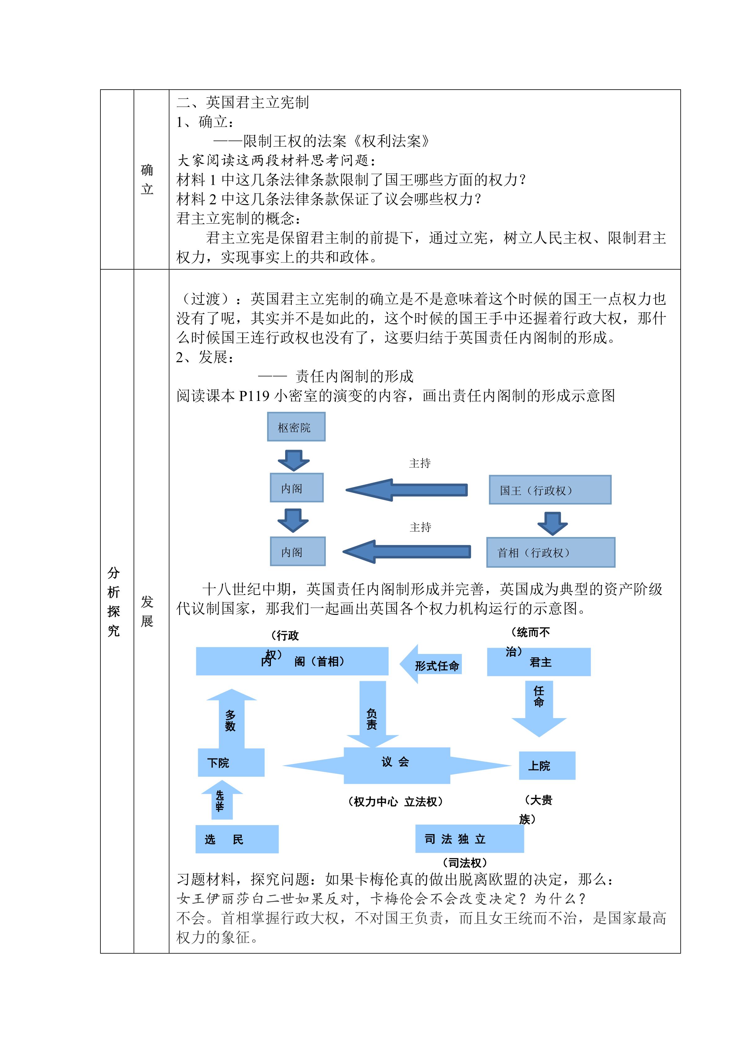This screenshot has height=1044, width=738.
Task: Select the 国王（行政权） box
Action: (x=550, y=490)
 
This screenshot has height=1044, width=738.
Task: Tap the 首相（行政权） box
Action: (x=550, y=552)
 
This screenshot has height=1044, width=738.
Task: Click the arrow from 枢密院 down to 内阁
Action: (x=294, y=460)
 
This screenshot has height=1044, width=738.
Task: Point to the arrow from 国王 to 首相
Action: (x=552, y=523)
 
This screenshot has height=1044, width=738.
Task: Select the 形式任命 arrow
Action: (x=431, y=664)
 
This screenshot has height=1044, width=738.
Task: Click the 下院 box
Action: (x=231, y=762)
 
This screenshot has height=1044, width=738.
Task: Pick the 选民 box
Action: (x=237, y=839)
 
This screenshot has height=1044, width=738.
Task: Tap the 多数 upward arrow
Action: (x=231, y=719)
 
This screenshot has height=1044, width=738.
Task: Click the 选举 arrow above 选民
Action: (x=222, y=800)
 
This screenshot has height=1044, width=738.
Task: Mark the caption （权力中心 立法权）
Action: (x=396, y=802)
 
